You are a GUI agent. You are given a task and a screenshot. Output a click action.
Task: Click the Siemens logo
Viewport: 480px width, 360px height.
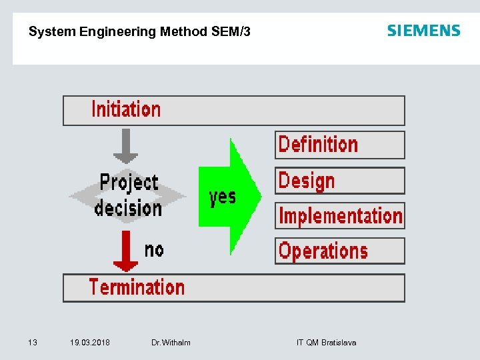click(423, 31)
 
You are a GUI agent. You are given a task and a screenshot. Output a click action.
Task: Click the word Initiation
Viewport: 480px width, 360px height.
click(126, 109)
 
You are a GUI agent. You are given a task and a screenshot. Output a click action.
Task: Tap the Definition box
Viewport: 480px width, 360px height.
click(339, 145)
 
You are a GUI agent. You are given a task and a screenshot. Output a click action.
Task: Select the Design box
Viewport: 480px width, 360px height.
click(339, 181)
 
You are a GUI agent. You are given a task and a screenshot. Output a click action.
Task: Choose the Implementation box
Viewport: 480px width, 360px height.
click(340, 216)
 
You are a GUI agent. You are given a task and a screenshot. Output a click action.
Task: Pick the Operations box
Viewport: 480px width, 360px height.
click(339, 251)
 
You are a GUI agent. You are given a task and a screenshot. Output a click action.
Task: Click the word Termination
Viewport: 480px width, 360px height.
click(137, 287)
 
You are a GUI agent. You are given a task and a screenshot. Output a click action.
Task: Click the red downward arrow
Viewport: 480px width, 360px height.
click(125, 251)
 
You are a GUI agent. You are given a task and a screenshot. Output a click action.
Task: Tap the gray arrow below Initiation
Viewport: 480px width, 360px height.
click(125, 146)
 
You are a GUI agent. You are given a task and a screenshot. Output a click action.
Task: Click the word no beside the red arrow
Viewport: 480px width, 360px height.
click(154, 250)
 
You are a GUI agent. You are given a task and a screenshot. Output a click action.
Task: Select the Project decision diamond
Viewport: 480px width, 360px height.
click(127, 195)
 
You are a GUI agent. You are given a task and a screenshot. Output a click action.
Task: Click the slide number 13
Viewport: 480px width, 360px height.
click(32, 343)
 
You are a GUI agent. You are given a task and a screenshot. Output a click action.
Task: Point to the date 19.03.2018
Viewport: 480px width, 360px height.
click(90, 343)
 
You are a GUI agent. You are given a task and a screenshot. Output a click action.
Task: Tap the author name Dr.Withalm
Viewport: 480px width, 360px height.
click(171, 343)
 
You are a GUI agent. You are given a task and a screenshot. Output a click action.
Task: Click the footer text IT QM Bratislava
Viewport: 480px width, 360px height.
click(326, 343)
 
